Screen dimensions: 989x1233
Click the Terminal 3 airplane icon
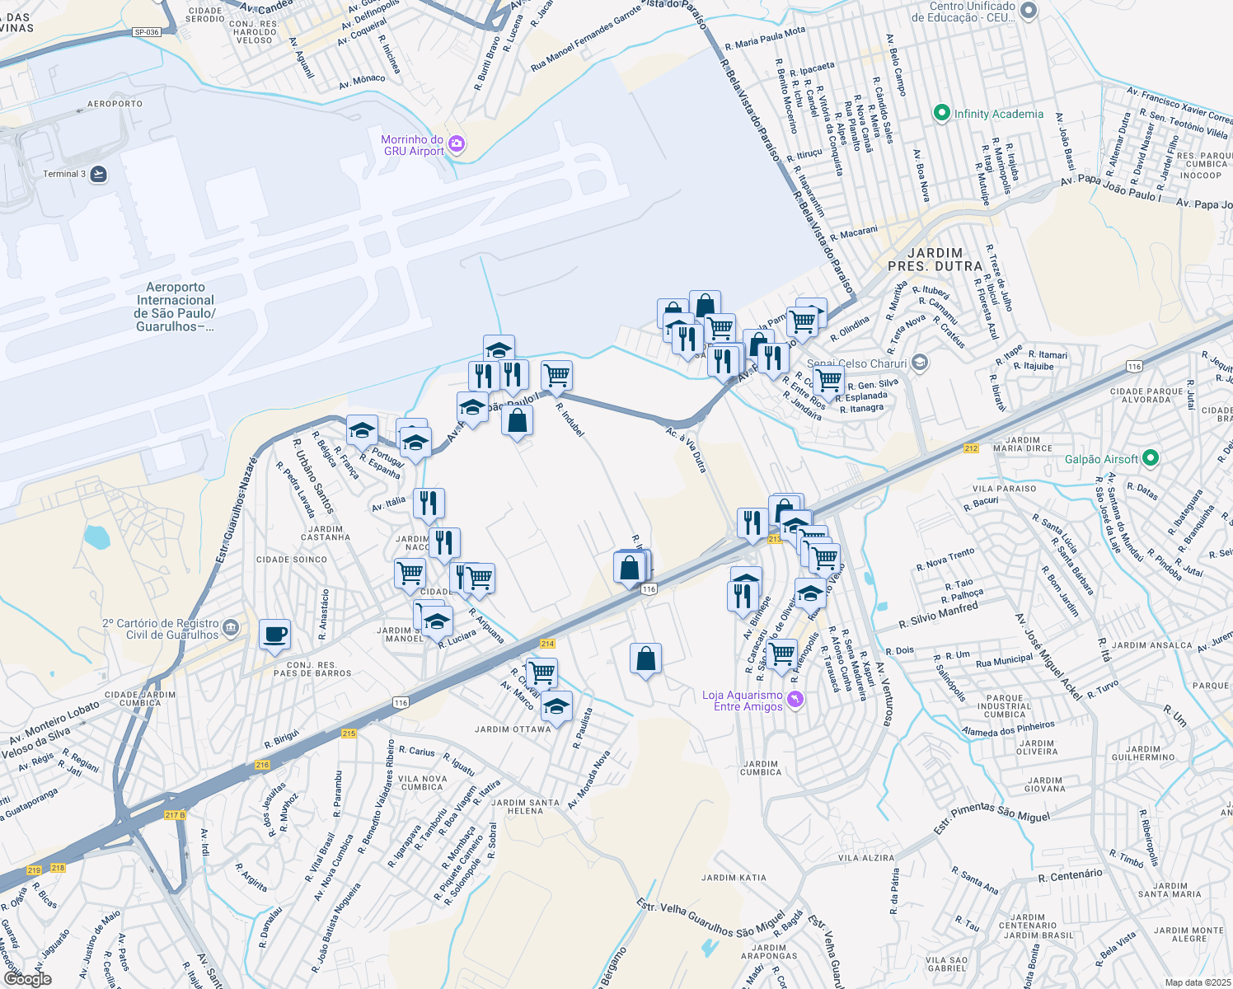pyautogui.click(x=99, y=174)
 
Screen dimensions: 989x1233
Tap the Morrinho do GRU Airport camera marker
pyautogui.click(x=457, y=146)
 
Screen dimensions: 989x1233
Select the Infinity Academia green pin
pyautogui.click(x=941, y=114)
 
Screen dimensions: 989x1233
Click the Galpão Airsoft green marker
pyautogui.click(x=1151, y=458)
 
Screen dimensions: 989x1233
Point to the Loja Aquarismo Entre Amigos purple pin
pyautogui.click(x=795, y=700)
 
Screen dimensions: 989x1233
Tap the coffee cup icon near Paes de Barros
pyautogui.click(x=274, y=635)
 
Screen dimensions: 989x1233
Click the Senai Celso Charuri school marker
pyautogui.click(x=920, y=363)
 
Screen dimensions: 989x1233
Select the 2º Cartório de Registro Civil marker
pyautogui.click(x=231, y=629)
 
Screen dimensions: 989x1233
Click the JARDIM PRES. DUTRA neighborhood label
pyautogui.click(x=935, y=260)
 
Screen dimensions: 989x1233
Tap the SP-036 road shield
pyautogui.click(x=147, y=32)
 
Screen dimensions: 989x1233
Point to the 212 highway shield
pyautogui.click(x=971, y=448)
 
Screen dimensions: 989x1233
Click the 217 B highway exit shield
pyautogui.click(x=175, y=815)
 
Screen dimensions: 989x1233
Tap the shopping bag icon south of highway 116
pyautogui.click(x=645, y=659)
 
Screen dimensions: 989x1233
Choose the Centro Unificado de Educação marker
pyautogui.click(x=1028, y=12)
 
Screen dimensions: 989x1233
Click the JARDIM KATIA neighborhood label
pyautogui.click(x=734, y=878)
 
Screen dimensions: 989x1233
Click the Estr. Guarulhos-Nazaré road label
pyautogui.click(x=237, y=511)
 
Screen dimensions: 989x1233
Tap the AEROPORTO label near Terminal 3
pyautogui.click(x=115, y=104)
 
